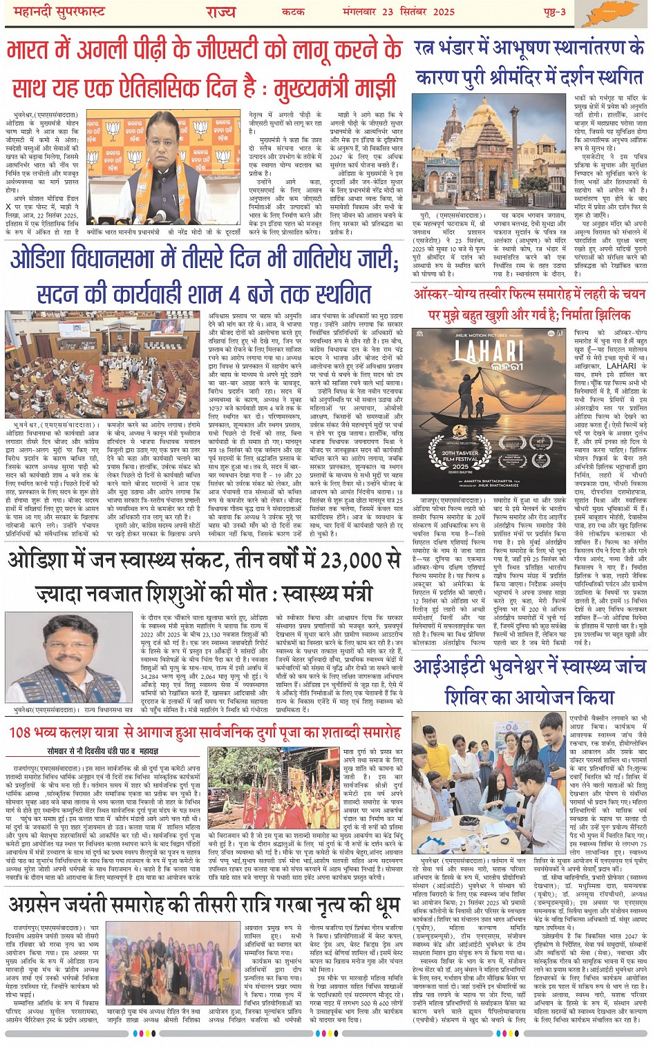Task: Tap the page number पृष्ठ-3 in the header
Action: [553, 12]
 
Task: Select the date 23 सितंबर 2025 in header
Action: [429, 12]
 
